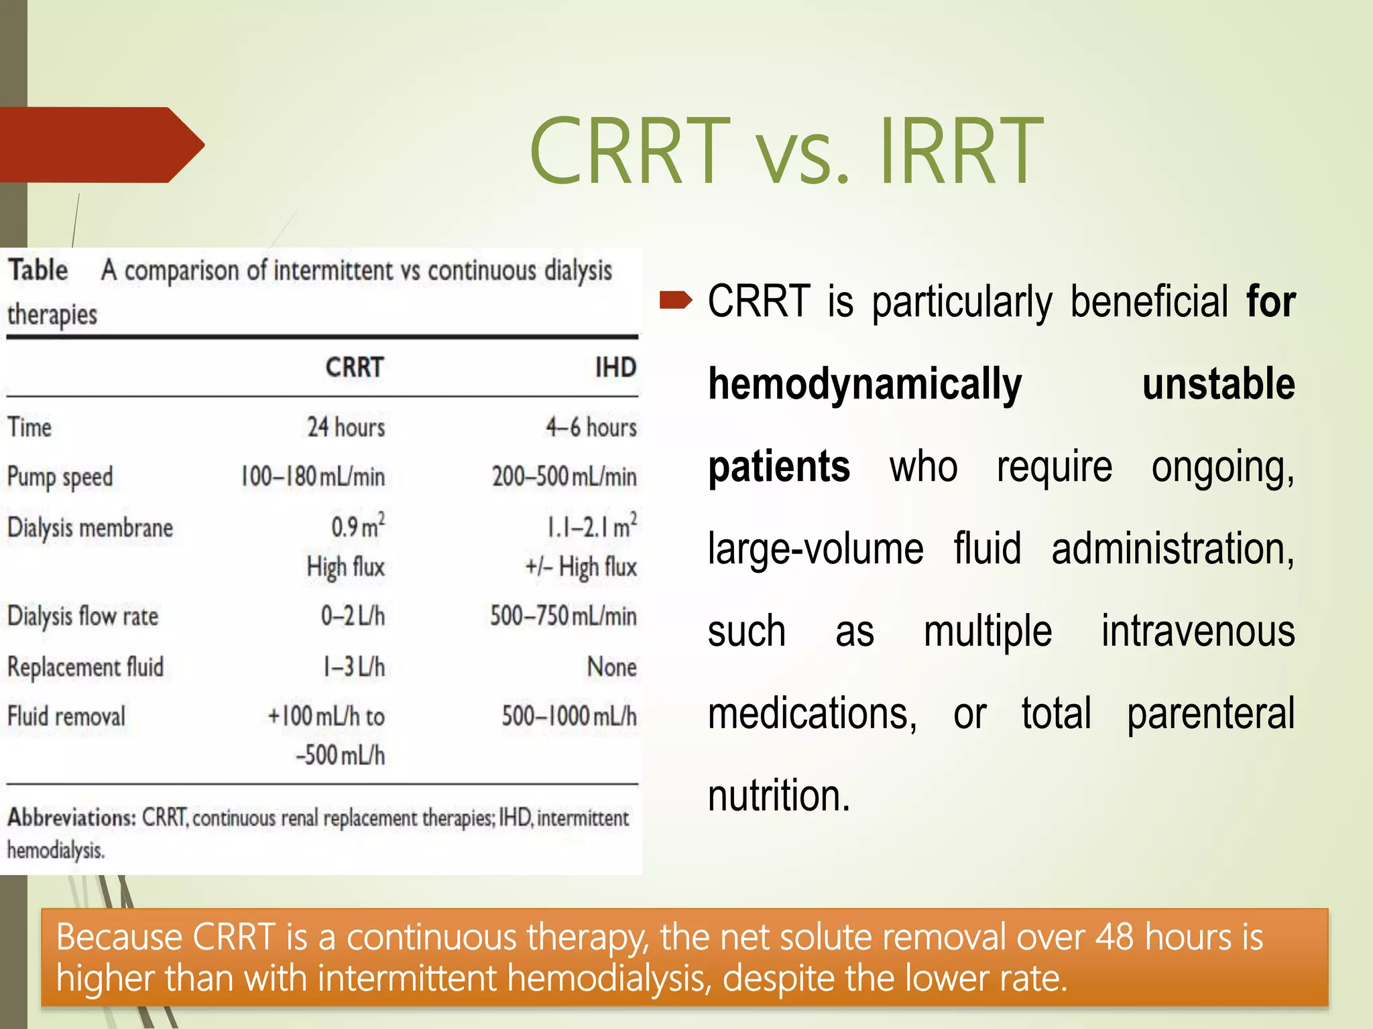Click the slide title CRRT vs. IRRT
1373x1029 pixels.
785,151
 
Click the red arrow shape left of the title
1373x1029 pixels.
101,145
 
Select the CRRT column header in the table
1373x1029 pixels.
354,367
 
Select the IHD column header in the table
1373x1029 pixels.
615,367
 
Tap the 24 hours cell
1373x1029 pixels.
346,427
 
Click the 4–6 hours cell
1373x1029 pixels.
591,427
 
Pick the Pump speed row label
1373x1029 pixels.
60,477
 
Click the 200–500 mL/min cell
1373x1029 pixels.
564,476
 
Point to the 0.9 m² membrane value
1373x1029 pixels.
357,526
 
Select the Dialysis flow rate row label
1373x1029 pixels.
82,616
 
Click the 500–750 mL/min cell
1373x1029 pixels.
563,615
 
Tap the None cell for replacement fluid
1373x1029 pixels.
611,667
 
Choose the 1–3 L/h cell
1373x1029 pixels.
353,667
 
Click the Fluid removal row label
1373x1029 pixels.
66,716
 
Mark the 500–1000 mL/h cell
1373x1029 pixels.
569,715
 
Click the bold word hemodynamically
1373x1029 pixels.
865,385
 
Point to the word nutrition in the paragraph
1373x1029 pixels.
778,795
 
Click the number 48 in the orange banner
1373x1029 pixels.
1114,937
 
